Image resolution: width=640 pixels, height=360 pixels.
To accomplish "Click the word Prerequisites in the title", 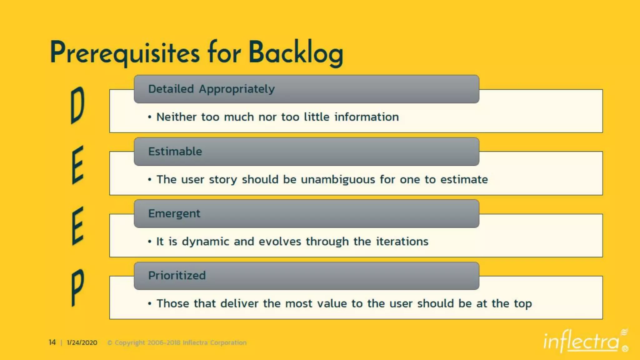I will point(124,52).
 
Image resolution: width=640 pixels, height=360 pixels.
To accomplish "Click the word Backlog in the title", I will point(296,52).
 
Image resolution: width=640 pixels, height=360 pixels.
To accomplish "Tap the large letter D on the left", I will point(77,105).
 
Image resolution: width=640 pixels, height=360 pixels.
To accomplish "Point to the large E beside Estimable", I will point(77,165).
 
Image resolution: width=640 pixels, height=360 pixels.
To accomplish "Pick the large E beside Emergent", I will point(77,226).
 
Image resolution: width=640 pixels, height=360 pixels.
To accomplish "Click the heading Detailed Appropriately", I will point(211,89).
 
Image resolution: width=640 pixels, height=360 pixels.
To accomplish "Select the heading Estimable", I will point(175,152).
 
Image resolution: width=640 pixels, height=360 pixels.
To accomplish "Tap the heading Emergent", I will point(174,214).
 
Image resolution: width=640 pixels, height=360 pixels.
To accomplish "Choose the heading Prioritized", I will point(177,276).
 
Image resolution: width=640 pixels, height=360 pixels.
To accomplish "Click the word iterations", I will point(402,242).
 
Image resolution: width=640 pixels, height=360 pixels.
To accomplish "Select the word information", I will point(367,117).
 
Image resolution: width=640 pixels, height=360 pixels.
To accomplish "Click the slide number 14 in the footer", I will point(52,342).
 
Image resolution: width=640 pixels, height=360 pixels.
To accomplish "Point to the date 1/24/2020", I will point(82,343).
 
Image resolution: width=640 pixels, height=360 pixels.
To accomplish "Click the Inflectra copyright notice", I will point(177,343).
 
